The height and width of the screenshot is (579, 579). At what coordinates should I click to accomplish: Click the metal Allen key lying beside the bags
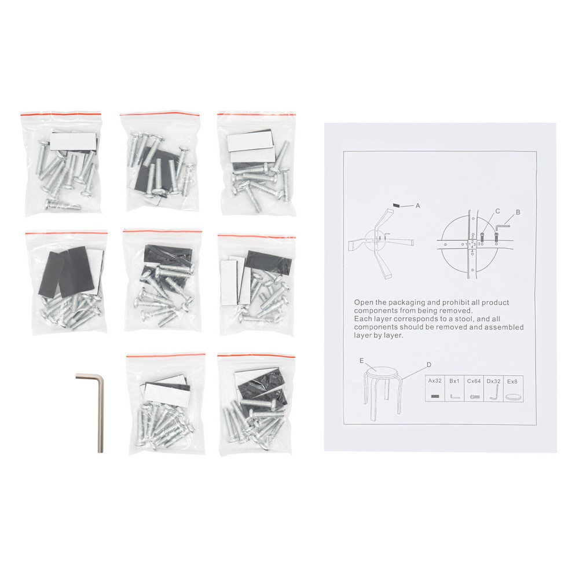[100, 410]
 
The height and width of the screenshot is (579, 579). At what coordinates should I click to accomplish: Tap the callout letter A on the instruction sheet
[417, 206]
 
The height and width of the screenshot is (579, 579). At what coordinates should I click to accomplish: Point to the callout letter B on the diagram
[518, 212]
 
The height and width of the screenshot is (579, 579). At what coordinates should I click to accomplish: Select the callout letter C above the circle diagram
[497, 211]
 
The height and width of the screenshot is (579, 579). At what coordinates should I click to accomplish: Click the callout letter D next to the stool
[428, 365]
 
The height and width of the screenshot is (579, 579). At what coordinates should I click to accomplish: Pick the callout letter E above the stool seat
[361, 361]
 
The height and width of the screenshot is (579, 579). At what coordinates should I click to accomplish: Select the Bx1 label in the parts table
[454, 381]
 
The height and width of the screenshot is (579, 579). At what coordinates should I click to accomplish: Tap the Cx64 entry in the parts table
[474, 381]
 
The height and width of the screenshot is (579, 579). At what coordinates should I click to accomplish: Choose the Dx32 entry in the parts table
[493, 381]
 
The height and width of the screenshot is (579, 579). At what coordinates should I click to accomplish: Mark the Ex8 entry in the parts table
[512, 382]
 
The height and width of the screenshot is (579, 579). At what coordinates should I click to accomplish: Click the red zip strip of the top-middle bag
[160, 113]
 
